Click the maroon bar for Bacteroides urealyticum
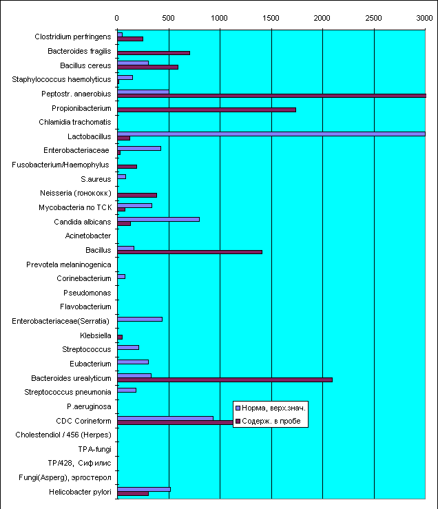pyautogui.click(x=225, y=380)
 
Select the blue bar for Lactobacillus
pyautogui.click(x=271, y=134)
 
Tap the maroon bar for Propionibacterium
pyautogui.click(x=207, y=110)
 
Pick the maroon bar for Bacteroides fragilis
pyautogui.click(x=154, y=53)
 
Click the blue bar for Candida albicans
pyautogui.click(x=158, y=220)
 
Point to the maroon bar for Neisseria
pyautogui.click(x=137, y=195)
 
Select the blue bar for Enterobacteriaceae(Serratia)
pyautogui.click(x=140, y=320)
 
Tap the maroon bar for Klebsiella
pyautogui.click(x=120, y=337)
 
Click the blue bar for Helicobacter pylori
pyautogui.click(x=144, y=490)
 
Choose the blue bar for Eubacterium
pyautogui.click(x=133, y=362)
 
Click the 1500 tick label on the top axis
pyautogui.click(x=271, y=18)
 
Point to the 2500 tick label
pyautogui.click(x=373, y=18)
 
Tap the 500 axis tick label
pyautogui.click(x=168, y=18)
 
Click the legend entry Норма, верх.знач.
pyautogui.click(x=271, y=408)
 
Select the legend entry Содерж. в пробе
pyautogui.click(x=268, y=421)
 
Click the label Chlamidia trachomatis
pyautogui.click(x=74, y=122)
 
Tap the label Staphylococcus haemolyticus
pyautogui.click(x=61, y=79)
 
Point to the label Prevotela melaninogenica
pyautogui.click(x=68, y=264)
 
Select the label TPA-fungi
pyautogui.click(x=94, y=449)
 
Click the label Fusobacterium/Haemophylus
pyautogui.click(x=61, y=165)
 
